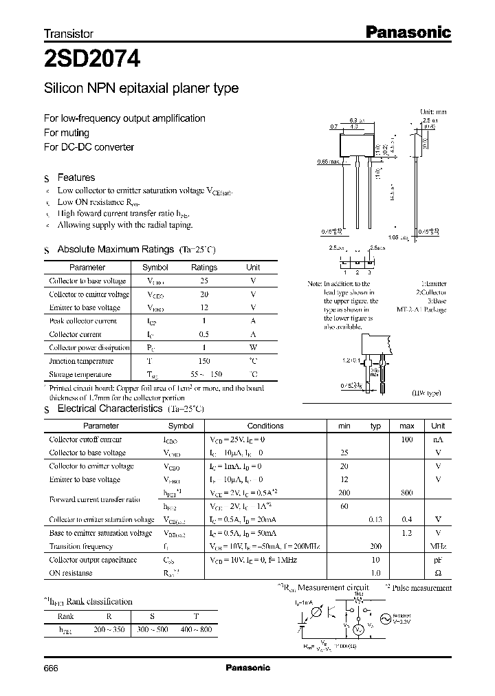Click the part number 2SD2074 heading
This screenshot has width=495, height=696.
click(93, 60)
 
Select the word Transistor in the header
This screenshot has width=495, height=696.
click(69, 33)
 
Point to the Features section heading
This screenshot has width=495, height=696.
click(76, 177)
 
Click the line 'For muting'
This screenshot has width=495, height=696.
click(67, 133)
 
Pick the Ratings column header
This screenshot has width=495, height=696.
click(203, 268)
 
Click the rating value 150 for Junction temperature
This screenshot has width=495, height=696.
click(203, 361)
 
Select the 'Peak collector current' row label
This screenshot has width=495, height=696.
click(82, 321)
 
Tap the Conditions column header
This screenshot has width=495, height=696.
click(265, 426)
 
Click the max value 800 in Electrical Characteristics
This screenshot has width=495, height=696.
click(407, 493)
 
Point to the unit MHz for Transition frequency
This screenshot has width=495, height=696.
click(438, 547)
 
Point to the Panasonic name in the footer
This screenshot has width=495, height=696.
click(248, 668)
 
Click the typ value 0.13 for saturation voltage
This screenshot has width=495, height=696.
click(375, 520)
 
